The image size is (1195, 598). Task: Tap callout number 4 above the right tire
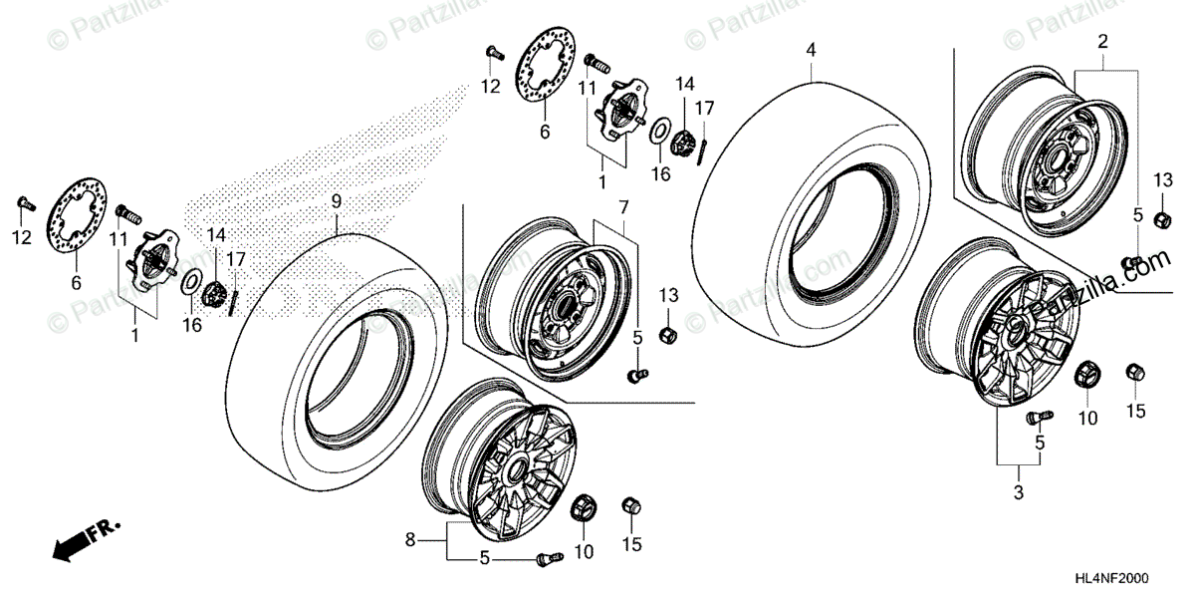811,49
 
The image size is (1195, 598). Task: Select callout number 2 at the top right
1102,42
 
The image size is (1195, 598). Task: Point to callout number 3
1018,490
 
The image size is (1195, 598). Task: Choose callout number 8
408,541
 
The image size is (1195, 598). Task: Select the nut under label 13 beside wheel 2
1161,218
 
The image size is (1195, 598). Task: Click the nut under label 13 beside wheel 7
669,333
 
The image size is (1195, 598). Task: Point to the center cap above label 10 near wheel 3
1085,377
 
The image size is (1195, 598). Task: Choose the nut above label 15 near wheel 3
1133,373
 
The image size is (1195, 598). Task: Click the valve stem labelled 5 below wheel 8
545,559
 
